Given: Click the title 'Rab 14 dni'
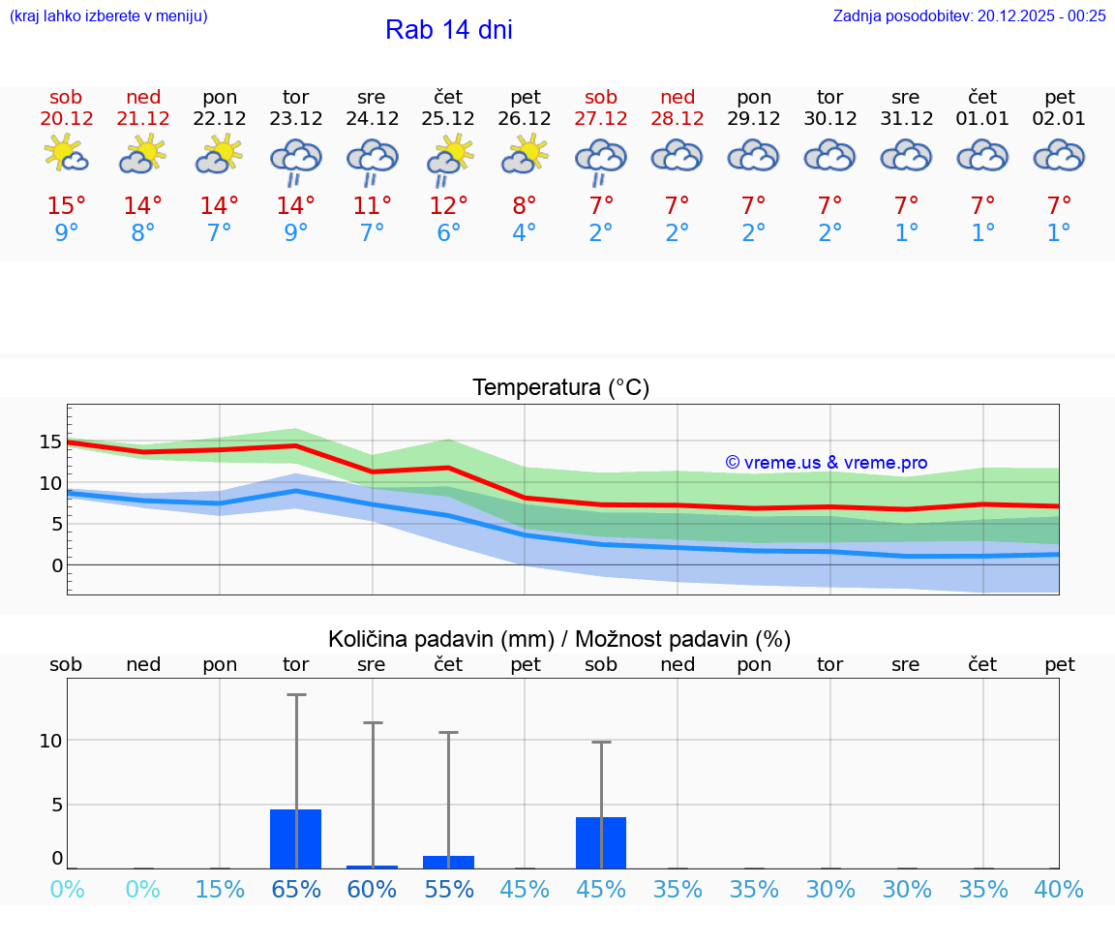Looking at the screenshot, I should pyautogui.click(x=448, y=30).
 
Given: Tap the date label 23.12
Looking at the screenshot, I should pyautogui.click(x=295, y=119).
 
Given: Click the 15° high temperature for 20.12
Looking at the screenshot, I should pyautogui.click(x=66, y=205).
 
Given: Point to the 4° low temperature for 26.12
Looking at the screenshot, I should pyautogui.click(x=524, y=233).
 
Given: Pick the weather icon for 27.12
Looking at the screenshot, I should pyautogui.click(x=601, y=160).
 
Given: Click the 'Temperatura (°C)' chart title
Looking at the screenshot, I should pyautogui.click(x=560, y=388).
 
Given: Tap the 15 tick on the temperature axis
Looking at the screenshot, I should pyautogui.click(x=50, y=442).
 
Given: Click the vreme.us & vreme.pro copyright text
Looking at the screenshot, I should pyautogui.click(x=826, y=463).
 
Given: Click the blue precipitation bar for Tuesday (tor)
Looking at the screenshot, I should pyautogui.click(x=295, y=838).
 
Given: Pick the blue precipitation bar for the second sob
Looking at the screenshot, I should pyautogui.click(x=601, y=842).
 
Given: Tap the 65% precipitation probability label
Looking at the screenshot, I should pyautogui.click(x=295, y=889).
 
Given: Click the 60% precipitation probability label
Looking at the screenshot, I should pyautogui.click(x=372, y=889).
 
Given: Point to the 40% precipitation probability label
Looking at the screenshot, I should pyautogui.click(x=1059, y=889).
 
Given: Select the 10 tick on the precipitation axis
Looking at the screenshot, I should pyautogui.click(x=50, y=741).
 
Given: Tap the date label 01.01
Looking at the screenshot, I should pyautogui.click(x=982, y=119).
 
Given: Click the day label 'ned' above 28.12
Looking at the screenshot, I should pyautogui.click(x=678, y=97).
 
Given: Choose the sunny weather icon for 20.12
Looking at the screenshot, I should pyautogui.click(x=66, y=155).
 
